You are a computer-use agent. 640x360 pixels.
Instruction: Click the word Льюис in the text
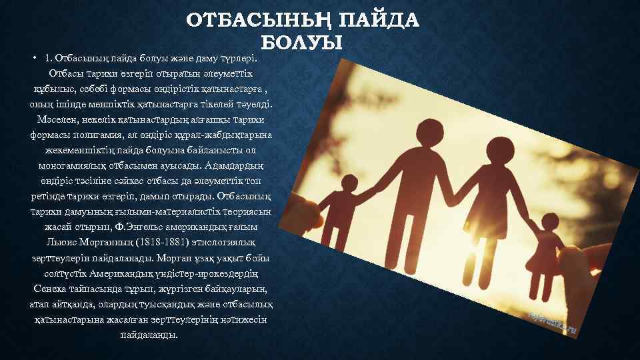63,240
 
